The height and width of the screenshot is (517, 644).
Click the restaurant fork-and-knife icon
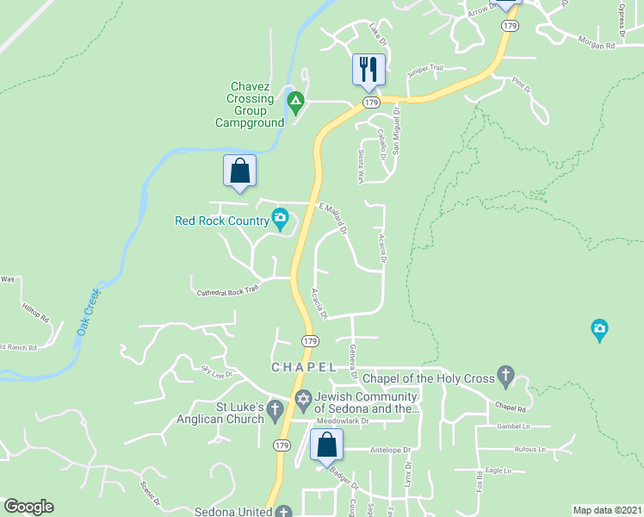[x=368, y=68]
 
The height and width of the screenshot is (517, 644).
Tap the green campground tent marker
[x=295, y=104]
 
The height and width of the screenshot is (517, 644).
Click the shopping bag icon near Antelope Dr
[x=326, y=445]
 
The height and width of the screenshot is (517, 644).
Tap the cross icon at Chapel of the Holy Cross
[x=506, y=377]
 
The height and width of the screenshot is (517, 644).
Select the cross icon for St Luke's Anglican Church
[x=275, y=409]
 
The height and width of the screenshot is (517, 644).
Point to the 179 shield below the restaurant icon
[x=371, y=103]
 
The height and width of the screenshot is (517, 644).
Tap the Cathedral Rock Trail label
[x=227, y=292]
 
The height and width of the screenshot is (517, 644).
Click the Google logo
[x=28, y=507]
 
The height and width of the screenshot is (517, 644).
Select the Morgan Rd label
[x=598, y=45]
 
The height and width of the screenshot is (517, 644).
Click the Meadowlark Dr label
[x=342, y=421]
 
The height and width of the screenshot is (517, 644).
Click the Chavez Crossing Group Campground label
[x=250, y=104]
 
